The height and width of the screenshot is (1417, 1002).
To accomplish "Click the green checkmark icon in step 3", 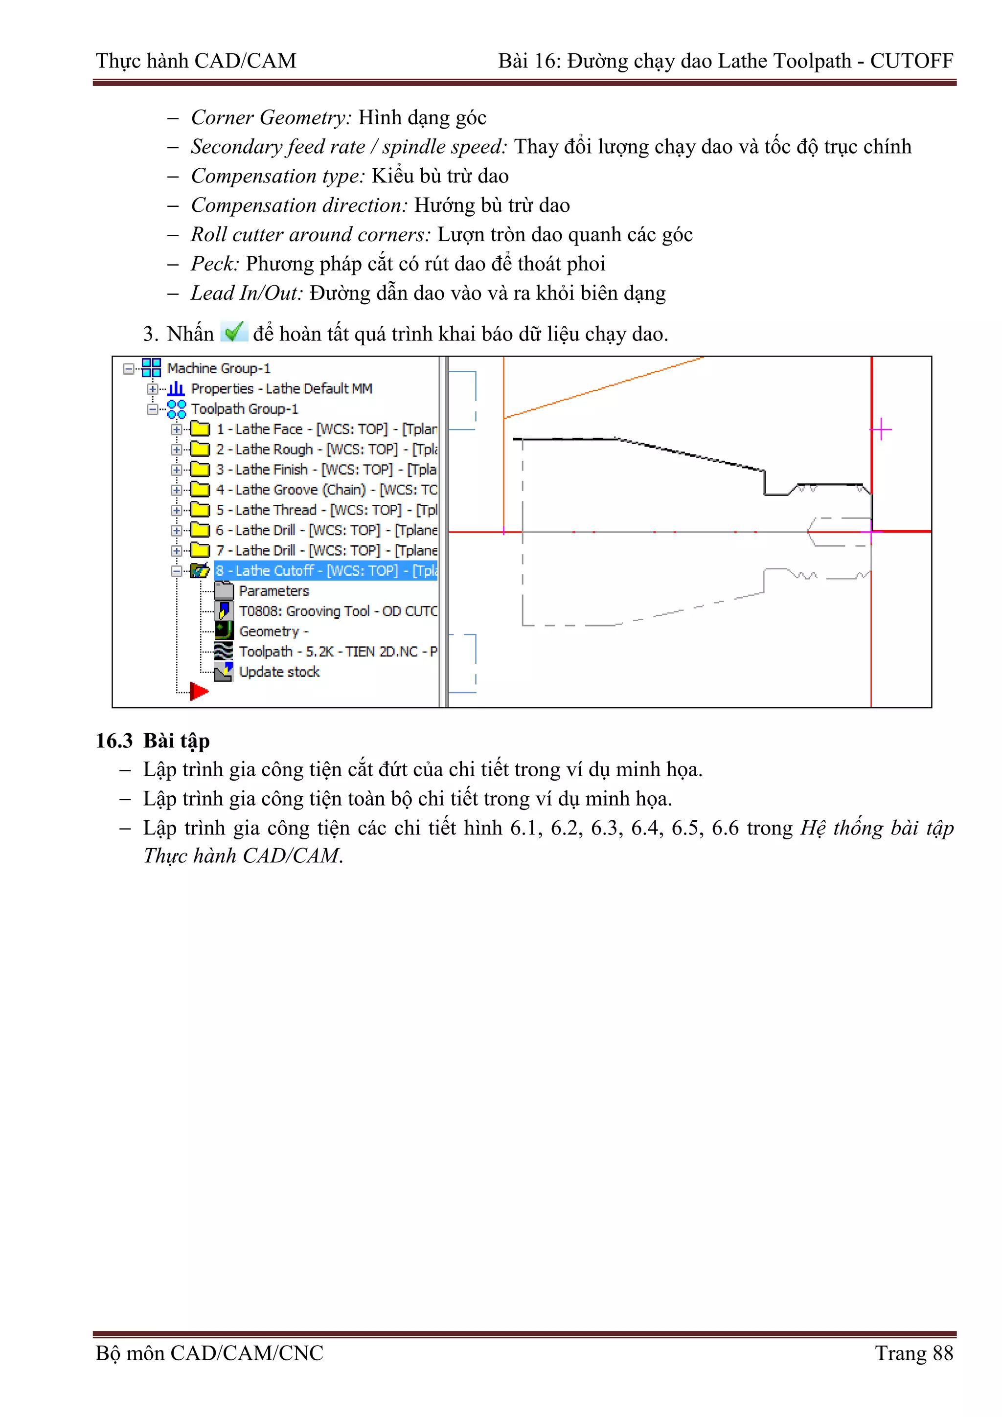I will pos(234,332).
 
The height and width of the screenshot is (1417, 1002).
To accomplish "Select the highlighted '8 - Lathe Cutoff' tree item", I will pos(325,571).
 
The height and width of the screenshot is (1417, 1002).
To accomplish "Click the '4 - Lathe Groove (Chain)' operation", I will pos(326,490).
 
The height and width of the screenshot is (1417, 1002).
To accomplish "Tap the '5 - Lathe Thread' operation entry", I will pos(326,510).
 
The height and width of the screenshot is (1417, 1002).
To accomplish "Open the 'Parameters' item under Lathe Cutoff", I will pos(273,591).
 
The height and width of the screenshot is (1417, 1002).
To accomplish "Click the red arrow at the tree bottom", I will pos(199,691).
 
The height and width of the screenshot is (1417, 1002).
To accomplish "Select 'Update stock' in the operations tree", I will pos(279,672).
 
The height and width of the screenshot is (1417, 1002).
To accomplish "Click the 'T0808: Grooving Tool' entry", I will pos(337,611).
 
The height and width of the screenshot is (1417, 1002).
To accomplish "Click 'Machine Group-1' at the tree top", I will pos(219,368).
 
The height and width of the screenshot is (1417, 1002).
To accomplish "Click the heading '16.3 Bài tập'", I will pos(153,741).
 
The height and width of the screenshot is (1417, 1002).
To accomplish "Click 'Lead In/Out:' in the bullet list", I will pos(246,293).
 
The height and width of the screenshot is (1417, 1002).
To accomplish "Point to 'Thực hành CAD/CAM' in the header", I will pos(196,61).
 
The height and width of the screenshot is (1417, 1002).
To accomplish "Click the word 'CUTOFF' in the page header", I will pos(911,61).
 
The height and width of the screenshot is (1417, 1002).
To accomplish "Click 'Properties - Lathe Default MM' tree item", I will pos(281,389).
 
